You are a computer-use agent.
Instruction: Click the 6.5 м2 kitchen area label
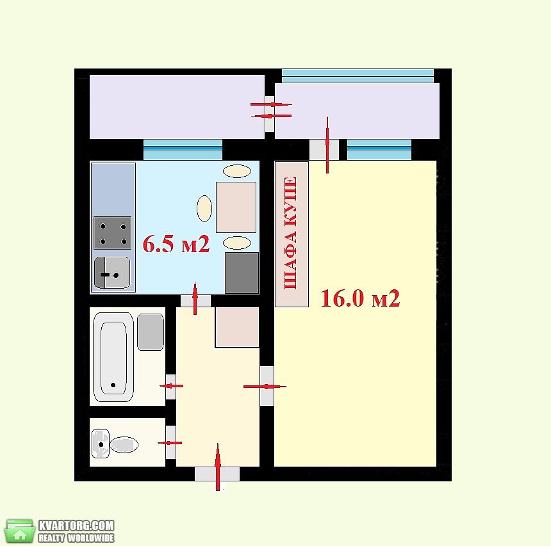tap(176, 244)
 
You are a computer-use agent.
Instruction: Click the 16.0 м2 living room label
tap(360, 298)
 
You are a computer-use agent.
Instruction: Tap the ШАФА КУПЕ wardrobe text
tap(291, 233)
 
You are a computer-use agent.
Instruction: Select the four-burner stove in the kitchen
tap(113, 233)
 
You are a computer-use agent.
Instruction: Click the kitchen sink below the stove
tap(112, 273)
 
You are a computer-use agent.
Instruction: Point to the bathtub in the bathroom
tap(113, 357)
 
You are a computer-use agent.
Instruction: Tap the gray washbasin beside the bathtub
tap(151, 332)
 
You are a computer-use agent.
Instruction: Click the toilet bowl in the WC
tap(124, 445)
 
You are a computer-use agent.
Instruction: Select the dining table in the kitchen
tap(236, 207)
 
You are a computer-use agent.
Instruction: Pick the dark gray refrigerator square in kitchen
tap(242, 273)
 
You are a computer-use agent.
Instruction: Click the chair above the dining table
tap(237, 172)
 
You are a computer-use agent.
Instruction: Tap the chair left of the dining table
tap(204, 209)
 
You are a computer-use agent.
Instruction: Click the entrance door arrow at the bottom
tap(218, 467)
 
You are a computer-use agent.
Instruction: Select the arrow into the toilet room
tap(170, 443)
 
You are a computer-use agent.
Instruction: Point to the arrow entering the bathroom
tap(172, 386)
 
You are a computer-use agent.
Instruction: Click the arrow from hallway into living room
tap(265, 387)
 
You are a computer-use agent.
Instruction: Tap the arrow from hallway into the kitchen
tap(195, 298)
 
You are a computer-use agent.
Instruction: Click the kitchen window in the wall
tap(183, 150)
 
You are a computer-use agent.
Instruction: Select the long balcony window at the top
tap(358, 76)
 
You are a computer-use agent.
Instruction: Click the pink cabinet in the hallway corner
tap(237, 327)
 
